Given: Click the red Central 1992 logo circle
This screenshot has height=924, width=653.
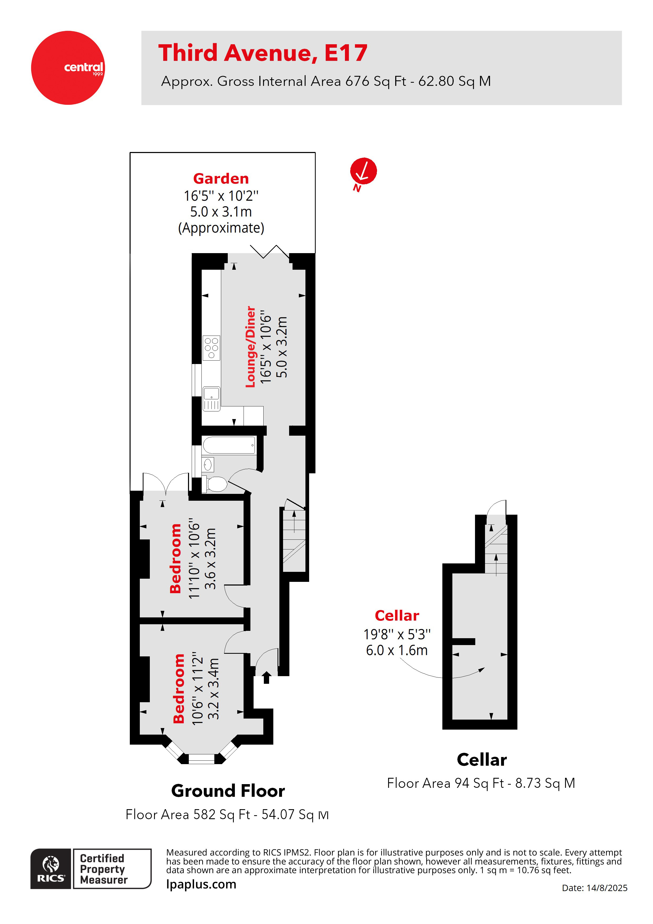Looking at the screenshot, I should click(68, 68).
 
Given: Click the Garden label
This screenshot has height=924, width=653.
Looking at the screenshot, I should click(221, 178).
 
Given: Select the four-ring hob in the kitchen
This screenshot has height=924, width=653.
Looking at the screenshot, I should click(211, 348).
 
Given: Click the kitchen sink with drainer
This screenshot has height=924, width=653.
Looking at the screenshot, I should click(211, 399).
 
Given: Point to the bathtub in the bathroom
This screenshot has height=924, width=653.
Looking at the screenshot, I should click(229, 445).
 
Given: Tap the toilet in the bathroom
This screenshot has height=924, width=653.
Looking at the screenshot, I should click(216, 484).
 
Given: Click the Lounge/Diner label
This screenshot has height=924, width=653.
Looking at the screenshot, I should click(250, 347).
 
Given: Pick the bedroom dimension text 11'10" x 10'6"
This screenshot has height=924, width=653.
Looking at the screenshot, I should click(194, 559).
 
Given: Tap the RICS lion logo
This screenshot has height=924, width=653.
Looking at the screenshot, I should click(51, 868).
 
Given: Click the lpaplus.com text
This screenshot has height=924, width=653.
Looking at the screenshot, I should click(201, 884).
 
